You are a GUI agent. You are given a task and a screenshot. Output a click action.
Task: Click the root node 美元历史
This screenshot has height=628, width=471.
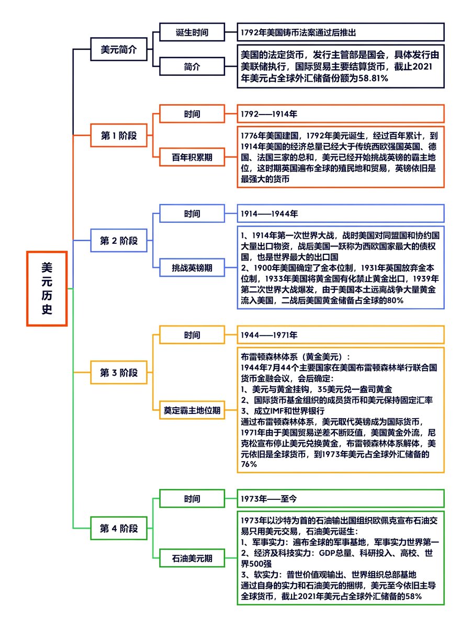click(47, 288)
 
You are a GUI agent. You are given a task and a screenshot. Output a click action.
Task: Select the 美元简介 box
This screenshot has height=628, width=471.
click(119, 50)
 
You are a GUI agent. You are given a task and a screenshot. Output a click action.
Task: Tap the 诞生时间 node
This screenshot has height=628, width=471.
click(192, 32)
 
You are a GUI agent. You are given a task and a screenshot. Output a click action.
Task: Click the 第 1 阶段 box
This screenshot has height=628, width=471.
click(119, 136)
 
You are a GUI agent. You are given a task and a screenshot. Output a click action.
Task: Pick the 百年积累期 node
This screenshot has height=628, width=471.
click(192, 156)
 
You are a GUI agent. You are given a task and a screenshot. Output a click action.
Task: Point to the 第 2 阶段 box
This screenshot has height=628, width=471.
click(119, 241)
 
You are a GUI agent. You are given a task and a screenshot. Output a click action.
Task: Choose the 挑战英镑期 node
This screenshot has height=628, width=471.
click(192, 267)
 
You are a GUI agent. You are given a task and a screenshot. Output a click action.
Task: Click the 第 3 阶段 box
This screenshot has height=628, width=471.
click(119, 373)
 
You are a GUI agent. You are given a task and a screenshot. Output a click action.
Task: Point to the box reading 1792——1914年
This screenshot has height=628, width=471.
click(341, 114)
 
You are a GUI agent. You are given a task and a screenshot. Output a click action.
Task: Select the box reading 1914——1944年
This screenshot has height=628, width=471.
click(341, 214)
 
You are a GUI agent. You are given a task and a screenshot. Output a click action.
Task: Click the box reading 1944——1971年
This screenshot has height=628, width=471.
click(341, 334)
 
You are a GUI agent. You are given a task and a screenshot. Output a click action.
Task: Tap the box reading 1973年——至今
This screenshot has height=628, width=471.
click(341, 499)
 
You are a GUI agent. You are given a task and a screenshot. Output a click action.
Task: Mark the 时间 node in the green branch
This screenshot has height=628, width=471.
click(192, 499)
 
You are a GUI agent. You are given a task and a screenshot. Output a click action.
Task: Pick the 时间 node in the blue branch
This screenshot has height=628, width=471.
click(192, 214)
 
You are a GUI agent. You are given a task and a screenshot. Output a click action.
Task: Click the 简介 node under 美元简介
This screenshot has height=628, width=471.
click(192, 66)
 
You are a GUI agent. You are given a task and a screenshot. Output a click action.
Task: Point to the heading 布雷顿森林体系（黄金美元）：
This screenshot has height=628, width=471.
click(296, 356)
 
